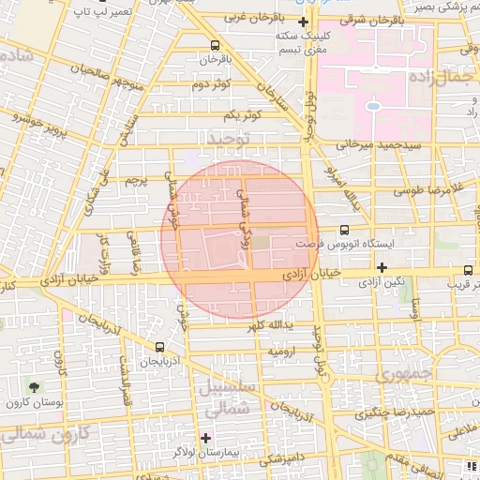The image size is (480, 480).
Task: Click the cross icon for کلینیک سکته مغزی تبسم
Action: click(302, 22)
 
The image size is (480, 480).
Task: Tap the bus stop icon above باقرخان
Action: click(217, 44)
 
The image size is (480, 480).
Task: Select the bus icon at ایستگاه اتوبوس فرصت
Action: click(344, 229)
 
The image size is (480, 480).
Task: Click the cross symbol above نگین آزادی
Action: click(382, 268)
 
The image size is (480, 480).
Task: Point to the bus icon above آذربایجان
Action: click(158, 346)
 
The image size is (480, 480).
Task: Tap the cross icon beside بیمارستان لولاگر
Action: click(206, 438)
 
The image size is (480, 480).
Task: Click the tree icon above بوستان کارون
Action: click(35, 387)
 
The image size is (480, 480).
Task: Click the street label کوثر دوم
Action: click(211, 85)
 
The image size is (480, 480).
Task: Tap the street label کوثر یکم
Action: click(241, 114)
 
